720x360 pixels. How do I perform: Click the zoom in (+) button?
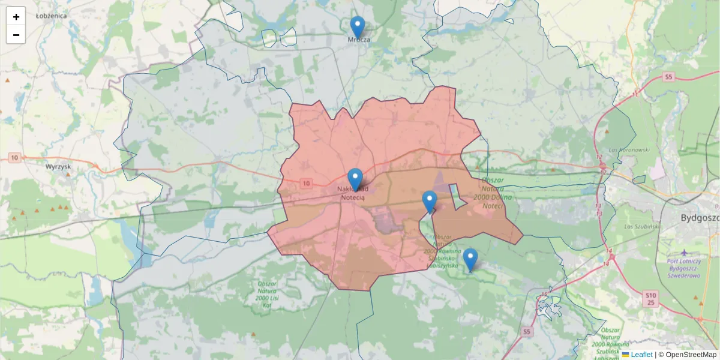tap(16, 17)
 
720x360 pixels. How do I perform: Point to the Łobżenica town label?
tap(51, 16)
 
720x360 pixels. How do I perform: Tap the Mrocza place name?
tap(359, 40)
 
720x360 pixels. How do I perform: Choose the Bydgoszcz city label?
tap(700, 217)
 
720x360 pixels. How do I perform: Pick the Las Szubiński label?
tap(638, 227)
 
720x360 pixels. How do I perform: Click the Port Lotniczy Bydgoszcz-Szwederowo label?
tap(684, 268)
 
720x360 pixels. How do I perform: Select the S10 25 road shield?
tap(652, 298)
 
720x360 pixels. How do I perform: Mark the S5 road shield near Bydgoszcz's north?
tap(668, 77)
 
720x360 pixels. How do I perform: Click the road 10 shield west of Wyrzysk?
tap(14, 158)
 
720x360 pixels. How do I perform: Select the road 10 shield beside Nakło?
tap(307, 183)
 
